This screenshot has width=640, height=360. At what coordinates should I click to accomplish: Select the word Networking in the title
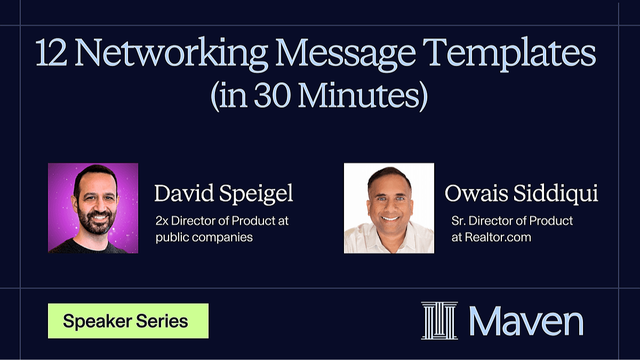171,54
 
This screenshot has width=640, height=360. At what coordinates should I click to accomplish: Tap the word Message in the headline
345,54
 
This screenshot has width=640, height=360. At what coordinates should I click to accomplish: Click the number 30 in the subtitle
273,95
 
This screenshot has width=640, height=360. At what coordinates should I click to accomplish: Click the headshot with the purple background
93,208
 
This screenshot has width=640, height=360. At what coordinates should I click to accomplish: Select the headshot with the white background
389,208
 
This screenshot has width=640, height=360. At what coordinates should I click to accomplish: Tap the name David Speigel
223,194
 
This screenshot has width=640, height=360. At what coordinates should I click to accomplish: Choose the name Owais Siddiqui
521,194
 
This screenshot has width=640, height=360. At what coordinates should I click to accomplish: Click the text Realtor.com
498,237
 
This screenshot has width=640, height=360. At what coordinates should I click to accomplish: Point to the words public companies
204,238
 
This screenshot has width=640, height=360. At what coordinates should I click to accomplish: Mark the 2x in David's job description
162,221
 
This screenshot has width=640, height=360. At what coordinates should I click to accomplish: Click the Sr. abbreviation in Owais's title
458,221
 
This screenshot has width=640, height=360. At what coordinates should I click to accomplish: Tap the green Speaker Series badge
129,321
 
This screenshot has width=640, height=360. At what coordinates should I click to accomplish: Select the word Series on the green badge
162,321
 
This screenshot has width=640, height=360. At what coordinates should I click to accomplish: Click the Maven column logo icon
439,321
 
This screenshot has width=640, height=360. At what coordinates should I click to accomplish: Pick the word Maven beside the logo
526,321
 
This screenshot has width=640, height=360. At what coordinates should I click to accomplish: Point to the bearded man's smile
99,217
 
